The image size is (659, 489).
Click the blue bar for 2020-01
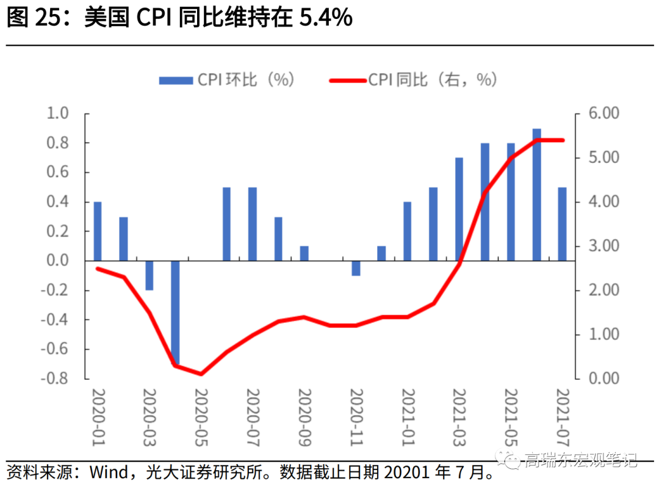pyautogui.click(x=98, y=231)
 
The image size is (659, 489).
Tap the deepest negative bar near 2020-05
pyautogui.click(x=175, y=313)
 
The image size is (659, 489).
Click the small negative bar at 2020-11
pyautogui.click(x=356, y=268)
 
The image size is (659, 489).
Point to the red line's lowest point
pyautogui.click(x=201, y=374)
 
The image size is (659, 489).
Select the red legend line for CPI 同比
pyautogui.click(x=347, y=81)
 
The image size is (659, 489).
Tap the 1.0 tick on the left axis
pyautogui.click(x=59, y=114)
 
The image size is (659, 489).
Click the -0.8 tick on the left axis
pyautogui.click(x=56, y=379)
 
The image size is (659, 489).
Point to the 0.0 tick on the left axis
pyautogui.click(x=59, y=261)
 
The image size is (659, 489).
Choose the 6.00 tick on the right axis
pyautogui.click(x=602, y=114)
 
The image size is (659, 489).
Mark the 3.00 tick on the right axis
pyautogui.click(x=602, y=246)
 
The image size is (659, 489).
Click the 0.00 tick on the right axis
pyautogui.click(x=602, y=379)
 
